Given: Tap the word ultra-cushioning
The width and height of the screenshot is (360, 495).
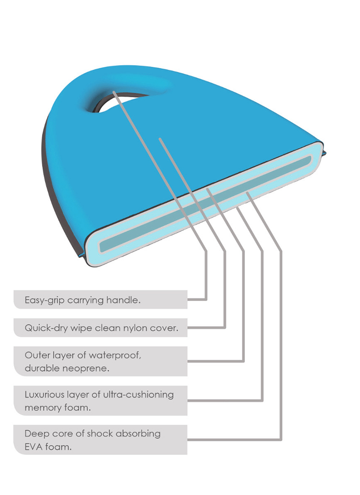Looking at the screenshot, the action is coord(138,395).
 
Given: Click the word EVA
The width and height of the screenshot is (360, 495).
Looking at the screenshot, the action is coord(33,447).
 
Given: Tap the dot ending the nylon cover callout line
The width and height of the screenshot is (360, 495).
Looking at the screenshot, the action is coord(160,139).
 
